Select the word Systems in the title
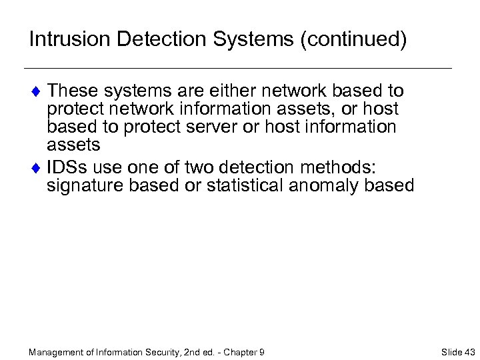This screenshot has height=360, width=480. pyautogui.click(x=255, y=39)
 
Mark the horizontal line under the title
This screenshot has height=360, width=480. pyautogui.click(x=237, y=69)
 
